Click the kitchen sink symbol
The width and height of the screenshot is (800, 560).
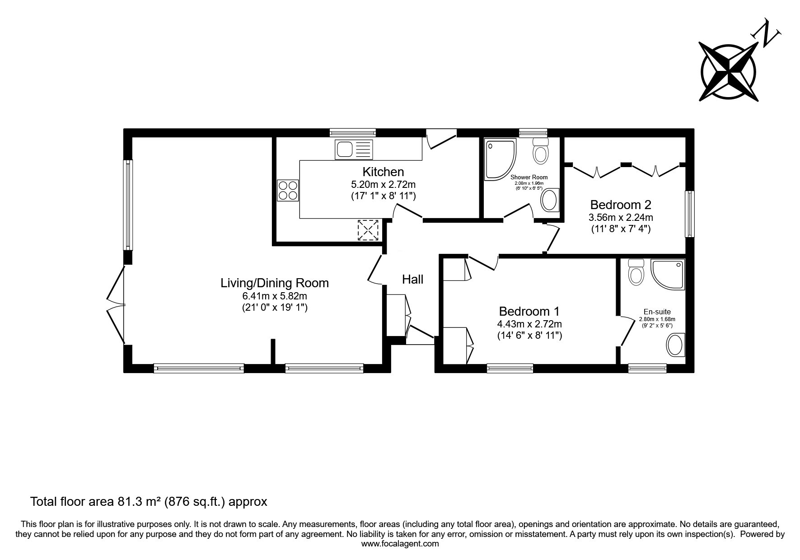353,149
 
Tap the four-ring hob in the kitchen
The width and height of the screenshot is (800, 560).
288,190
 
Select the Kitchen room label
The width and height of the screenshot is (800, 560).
383,172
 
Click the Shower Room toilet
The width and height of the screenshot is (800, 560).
540,151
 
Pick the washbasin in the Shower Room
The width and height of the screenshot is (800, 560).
550,200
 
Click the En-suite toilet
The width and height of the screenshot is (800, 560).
636,272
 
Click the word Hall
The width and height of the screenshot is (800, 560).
413,280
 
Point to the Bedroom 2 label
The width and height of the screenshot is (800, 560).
621,205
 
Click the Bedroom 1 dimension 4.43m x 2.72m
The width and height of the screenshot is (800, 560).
529,324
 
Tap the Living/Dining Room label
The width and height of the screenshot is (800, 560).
275,283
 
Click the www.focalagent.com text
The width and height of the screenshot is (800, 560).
400,544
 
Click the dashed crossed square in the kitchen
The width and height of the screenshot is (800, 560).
368,230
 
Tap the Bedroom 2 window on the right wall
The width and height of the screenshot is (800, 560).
689,214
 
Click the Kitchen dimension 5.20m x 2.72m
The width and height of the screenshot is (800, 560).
383,185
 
